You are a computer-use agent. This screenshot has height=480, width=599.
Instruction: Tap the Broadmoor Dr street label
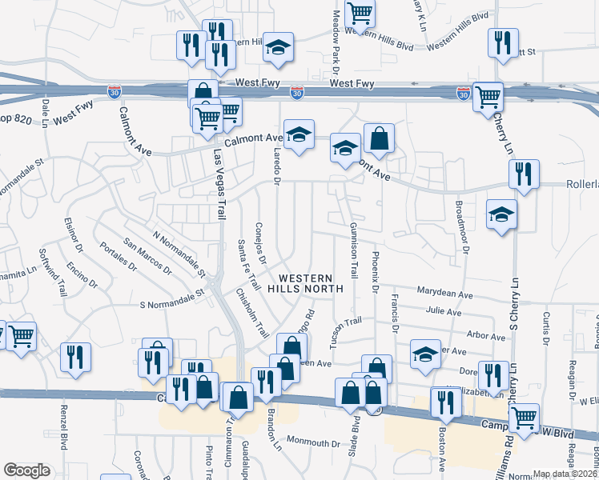(x=462, y=226)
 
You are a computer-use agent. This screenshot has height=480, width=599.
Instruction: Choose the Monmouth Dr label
(x=314, y=442)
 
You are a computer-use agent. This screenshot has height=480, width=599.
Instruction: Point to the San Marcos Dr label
(x=147, y=255)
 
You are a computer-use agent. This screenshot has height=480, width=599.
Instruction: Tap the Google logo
(x=26, y=470)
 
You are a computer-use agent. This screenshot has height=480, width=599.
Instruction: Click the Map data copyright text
(x=565, y=474)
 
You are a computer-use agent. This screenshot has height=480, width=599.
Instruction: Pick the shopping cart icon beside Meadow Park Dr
(x=360, y=12)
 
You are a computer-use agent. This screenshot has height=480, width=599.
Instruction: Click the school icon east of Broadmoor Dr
(x=501, y=214)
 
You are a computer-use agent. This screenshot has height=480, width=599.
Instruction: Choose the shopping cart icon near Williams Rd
(x=524, y=417)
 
